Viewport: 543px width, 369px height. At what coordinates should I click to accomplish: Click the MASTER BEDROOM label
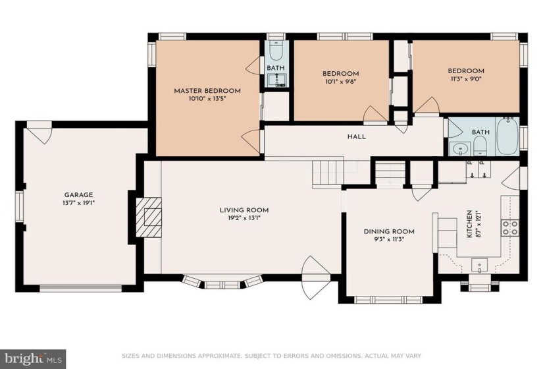pos(207,91)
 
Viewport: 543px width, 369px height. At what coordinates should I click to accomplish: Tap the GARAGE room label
pos(78,195)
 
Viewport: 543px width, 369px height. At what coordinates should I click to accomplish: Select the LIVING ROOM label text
pos(244,210)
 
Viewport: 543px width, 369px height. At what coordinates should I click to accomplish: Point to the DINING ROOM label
pos(389,231)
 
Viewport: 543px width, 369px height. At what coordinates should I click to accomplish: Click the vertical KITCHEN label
pos(469,223)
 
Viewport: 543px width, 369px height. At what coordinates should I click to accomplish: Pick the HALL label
pos(357,136)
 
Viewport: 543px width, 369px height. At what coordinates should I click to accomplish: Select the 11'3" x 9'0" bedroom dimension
pos(466,78)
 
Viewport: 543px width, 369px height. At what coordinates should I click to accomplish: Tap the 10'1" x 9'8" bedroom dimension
pos(341,82)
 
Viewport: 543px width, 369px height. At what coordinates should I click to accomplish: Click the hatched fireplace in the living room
pos(149,217)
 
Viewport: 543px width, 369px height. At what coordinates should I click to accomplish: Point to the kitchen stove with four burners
pos(511,227)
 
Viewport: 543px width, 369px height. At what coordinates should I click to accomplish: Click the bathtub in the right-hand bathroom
pos(507,136)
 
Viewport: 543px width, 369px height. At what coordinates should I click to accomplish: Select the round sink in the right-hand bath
pos(460,149)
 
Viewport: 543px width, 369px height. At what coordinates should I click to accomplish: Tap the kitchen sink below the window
pos(479,266)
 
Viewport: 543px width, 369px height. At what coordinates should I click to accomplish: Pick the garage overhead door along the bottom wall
pos(81,287)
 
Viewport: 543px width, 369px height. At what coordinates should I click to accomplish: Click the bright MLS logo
pos(33,358)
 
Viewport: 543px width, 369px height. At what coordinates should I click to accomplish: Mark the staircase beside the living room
pos(328,174)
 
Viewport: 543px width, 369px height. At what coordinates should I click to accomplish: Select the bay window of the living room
pos(222,282)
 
